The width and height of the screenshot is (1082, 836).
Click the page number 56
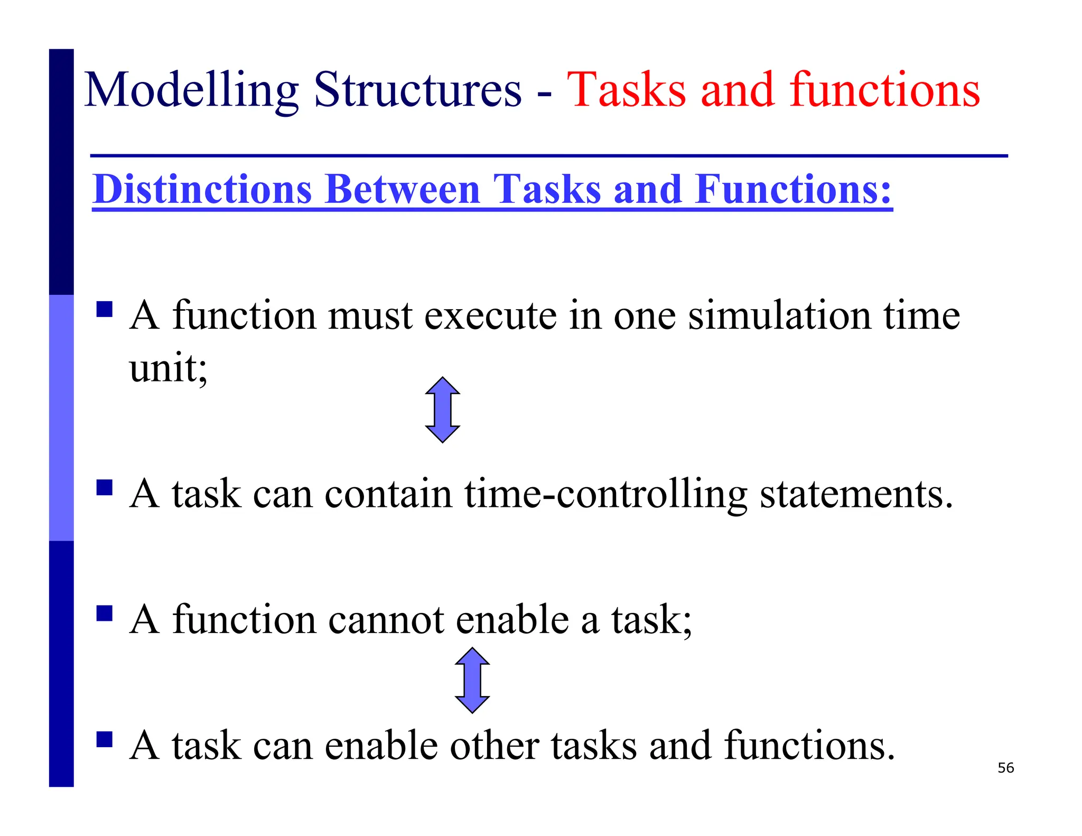click(1005, 768)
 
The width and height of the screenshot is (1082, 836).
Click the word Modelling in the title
click(191, 91)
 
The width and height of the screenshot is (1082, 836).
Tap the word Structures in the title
click(417, 90)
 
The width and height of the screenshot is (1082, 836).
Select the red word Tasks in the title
click(626, 90)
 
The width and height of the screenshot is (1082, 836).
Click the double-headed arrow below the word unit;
click(442, 410)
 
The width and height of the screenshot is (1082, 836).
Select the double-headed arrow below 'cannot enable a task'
click(472, 680)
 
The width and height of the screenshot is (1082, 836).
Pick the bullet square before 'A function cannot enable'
click(105, 613)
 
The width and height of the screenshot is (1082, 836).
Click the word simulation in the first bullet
click(779, 315)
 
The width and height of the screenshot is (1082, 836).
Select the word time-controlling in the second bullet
click(605, 495)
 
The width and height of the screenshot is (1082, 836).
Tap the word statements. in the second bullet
click(856, 495)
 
